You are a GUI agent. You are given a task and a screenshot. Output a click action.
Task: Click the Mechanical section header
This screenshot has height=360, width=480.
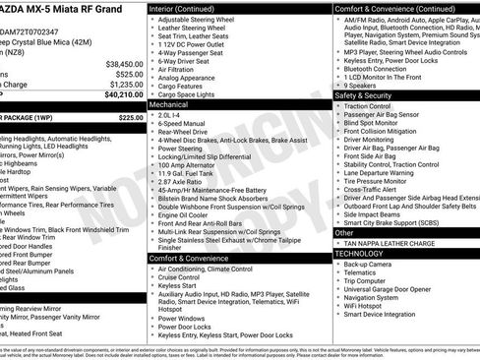168,103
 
